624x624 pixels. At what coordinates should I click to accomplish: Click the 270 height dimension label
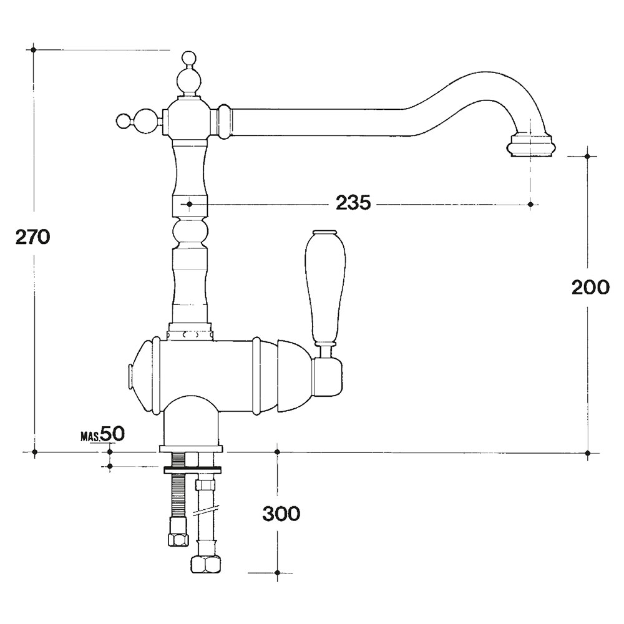[32, 236]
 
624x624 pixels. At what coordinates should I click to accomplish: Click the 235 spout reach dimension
[353, 203]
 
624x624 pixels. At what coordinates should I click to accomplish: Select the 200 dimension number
[590, 286]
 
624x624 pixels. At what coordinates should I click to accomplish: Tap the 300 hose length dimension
[281, 514]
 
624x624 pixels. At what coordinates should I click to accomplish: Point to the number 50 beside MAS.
[112, 434]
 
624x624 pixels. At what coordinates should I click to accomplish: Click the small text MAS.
[90, 437]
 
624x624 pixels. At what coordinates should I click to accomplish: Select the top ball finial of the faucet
[189, 60]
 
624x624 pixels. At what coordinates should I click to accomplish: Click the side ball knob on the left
[124, 120]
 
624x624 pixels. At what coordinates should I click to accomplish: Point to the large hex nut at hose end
[207, 564]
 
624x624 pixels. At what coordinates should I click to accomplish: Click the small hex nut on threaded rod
[178, 539]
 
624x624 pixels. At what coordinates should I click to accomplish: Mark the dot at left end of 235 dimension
[190, 204]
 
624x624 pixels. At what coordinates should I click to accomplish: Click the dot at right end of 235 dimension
[530, 204]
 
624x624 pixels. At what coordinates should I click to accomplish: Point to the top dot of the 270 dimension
[34, 50]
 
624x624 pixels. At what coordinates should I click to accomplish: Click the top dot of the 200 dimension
[588, 157]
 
